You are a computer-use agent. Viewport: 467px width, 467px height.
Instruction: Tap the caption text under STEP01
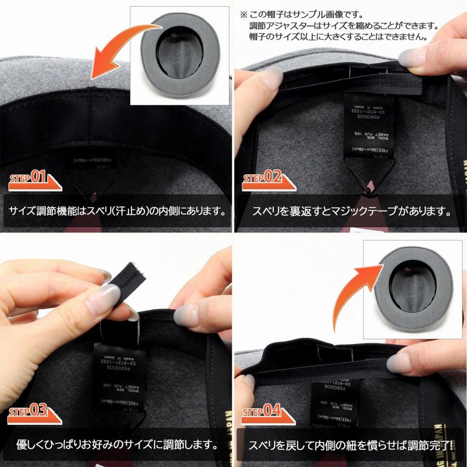pyautogui.click(x=117, y=211)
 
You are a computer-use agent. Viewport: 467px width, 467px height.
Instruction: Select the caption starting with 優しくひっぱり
pyautogui.click(x=117, y=444)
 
